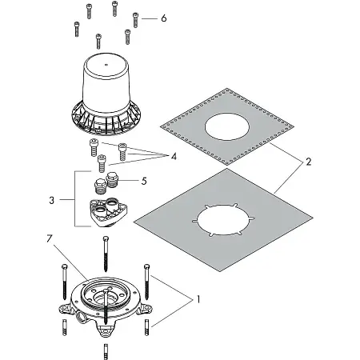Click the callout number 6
point(164,18)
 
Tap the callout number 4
point(174,156)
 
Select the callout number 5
point(144,181)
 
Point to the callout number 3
point(52,200)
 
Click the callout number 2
point(308,162)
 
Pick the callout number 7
point(50,238)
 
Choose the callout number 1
point(198,299)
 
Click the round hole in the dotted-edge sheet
point(227,126)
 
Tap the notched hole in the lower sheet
point(223,220)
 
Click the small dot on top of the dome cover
point(106,64)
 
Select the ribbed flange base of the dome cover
point(106,119)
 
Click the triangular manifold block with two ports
point(108,212)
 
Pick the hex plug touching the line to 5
point(111,180)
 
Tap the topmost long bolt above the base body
point(106,254)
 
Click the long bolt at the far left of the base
point(64,282)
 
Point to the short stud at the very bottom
point(106,351)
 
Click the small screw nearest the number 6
point(135,20)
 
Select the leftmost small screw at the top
point(77,29)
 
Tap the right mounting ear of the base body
point(146,309)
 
